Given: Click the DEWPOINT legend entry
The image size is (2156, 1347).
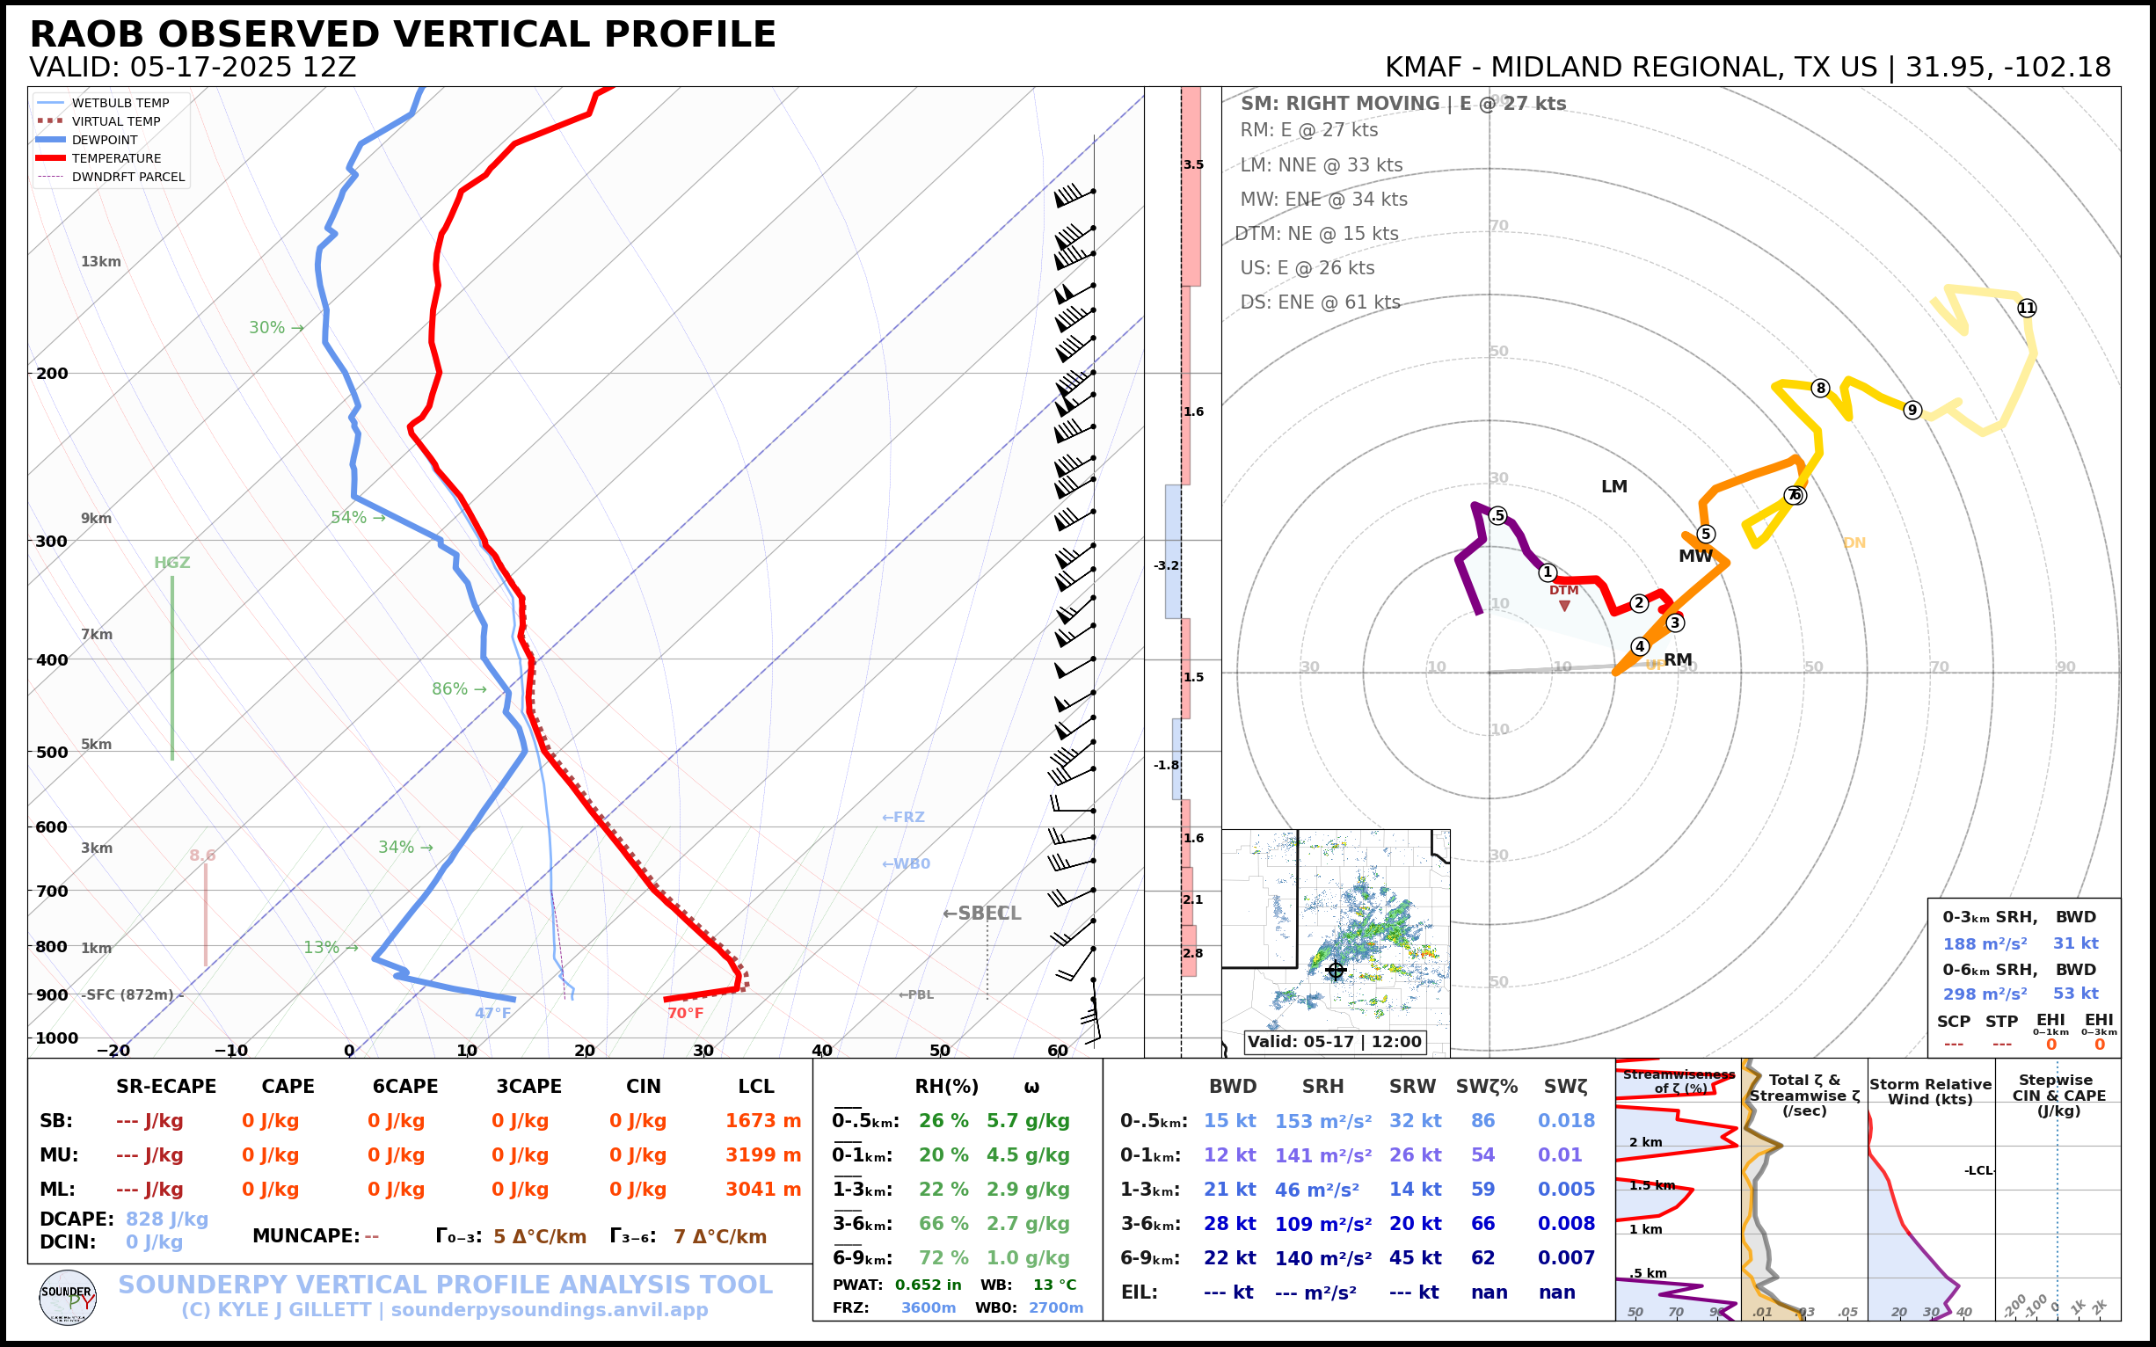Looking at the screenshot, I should tap(105, 140).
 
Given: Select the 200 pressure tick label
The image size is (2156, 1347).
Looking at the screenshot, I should tap(52, 374).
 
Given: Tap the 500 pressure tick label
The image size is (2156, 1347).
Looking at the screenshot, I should tap(52, 752).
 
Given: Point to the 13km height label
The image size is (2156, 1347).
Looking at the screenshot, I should tap(100, 262).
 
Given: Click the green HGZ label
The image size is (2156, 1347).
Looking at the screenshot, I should tap(172, 563).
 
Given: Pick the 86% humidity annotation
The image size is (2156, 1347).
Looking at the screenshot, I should tap(459, 688).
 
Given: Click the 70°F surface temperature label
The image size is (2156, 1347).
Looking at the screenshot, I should tap(685, 1013).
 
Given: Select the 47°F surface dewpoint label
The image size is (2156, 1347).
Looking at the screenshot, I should tap(492, 1013).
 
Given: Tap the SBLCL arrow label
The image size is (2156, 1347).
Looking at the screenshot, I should tap(981, 914).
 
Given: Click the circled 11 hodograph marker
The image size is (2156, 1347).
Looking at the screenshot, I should tap(2027, 309).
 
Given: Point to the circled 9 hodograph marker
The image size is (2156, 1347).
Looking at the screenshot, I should tap(1912, 410).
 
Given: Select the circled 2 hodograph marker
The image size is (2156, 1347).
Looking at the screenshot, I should tap(1638, 603).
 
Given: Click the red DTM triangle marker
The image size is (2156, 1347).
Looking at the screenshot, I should tap(1564, 607).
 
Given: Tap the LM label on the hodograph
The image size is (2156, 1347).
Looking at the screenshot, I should tap(1613, 486).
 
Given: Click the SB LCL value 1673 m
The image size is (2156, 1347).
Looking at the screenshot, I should tap(762, 1121).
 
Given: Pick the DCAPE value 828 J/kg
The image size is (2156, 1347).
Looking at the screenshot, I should tap(166, 1219).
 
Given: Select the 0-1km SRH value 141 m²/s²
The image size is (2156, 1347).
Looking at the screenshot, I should tap(1322, 1155).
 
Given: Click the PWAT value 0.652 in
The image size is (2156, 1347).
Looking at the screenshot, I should tap(928, 1285).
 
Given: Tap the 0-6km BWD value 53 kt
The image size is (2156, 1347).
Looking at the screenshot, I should tap(2075, 994).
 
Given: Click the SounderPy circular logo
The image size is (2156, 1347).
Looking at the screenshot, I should tap(68, 1298).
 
